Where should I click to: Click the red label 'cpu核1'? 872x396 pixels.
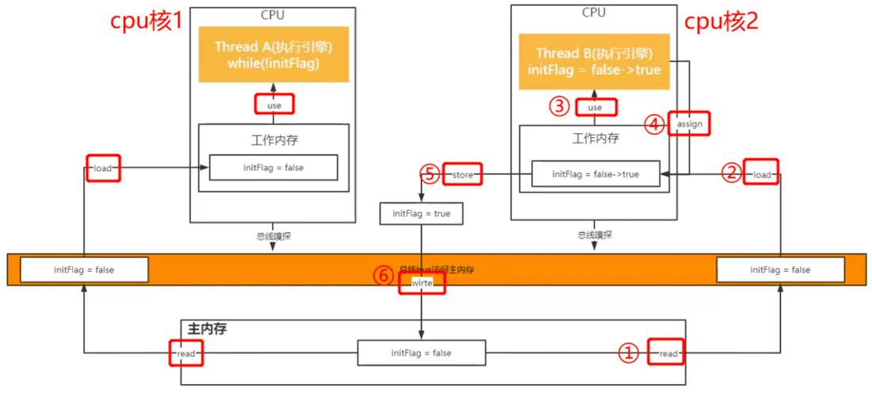point(146,21)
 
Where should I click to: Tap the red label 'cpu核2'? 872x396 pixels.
point(721,21)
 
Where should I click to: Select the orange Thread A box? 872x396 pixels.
point(273,56)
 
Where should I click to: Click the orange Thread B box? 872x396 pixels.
point(593,61)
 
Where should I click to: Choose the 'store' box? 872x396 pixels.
point(462,174)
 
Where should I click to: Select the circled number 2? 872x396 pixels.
point(731,173)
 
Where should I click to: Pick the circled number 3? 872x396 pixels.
point(560,106)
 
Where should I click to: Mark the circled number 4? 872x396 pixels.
point(654,125)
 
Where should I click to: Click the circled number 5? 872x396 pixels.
point(430,174)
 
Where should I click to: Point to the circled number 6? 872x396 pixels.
point(383,276)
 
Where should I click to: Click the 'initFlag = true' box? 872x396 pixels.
point(421,214)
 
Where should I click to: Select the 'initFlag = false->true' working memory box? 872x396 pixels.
point(595,174)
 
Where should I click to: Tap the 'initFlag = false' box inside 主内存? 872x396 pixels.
point(421,353)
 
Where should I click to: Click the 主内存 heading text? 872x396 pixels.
point(207,329)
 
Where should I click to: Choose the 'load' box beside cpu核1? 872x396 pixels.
point(102,168)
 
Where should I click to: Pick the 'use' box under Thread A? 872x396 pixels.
point(273,105)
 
